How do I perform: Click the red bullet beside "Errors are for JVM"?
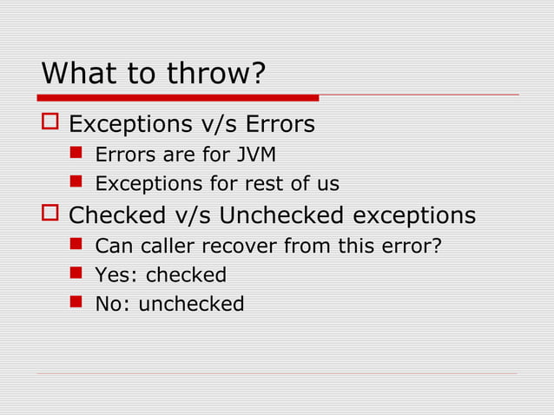[76, 155]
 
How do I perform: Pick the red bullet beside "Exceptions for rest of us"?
[76, 183]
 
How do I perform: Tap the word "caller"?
[164, 247]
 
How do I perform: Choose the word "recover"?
[235, 247]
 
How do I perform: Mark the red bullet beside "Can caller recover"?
[76, 246]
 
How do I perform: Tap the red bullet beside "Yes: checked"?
[76, 274]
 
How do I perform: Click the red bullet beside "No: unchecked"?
[76, 303]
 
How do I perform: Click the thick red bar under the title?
[178, 97]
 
